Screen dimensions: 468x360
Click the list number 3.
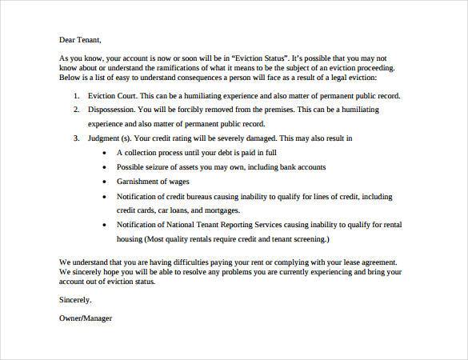point(75,138)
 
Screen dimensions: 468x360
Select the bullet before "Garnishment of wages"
point(105,182)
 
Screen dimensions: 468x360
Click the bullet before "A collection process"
point(105,152)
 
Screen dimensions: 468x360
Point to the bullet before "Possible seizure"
point(105,167)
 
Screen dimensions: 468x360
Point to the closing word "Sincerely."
point(75,299)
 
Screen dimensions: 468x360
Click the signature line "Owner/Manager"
point(86,318)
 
